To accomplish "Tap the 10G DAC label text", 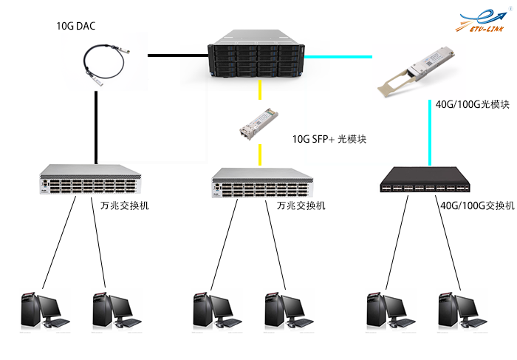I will [x=76, y=27].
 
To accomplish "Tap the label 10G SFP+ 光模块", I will [x=330, y=139].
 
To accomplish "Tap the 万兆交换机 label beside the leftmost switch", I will [x=124, y=205].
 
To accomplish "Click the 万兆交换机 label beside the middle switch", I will [x=301, y=205].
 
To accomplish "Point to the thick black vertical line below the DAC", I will [x=96, y=126].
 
